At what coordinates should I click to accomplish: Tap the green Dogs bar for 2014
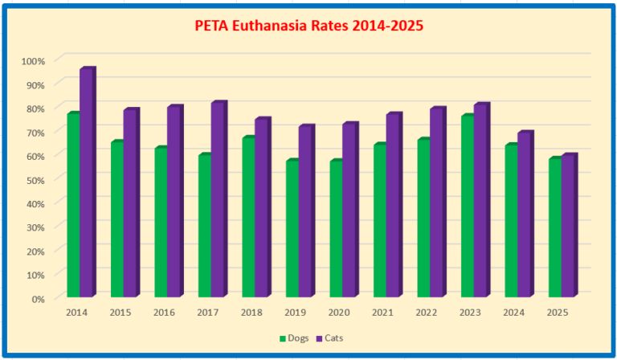73,205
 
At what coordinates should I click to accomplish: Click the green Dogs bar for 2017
204,226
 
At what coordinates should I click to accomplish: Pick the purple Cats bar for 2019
304,212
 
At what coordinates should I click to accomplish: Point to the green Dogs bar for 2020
335,229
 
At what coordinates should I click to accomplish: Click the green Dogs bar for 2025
554,228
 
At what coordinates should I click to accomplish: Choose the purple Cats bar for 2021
392,207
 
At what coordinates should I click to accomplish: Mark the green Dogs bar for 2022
423,219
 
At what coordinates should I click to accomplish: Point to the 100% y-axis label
34,60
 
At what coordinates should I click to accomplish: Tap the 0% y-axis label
38,298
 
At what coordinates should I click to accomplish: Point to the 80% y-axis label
35,108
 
